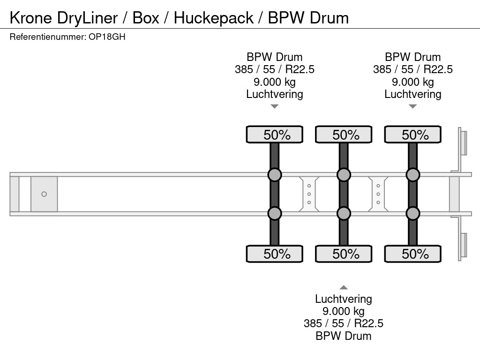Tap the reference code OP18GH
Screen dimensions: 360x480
click(x=107, y=37)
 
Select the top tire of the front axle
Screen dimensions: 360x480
click(x=275, y=135)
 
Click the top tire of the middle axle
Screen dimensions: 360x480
click(x=344, y=135)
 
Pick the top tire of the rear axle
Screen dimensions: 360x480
click(x=412, y=135)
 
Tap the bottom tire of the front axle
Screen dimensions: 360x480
click(x=275, y=254)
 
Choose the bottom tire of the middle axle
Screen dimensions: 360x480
click(x=344, y=254)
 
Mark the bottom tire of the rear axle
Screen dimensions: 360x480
click(x=412, y=254)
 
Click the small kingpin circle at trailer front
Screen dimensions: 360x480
click(x=44, y=194)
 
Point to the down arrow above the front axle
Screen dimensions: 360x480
click(x=275, y=106)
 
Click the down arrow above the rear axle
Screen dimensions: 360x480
click(x=412, y=106)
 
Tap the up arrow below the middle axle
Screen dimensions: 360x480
click(x=344, y=287)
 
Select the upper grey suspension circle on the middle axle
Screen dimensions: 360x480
click(x=344, y=175)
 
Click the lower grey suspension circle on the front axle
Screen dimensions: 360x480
click(x=275, y=214)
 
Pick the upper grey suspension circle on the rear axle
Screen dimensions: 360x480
click(x=412, y=175)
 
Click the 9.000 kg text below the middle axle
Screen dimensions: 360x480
click(x=344, y=311)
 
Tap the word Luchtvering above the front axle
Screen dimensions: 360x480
click(x=275, y=94)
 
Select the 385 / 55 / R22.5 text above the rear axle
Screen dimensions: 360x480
click(x=412, y=69)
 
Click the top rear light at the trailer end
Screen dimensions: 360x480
click(x=463, y=142)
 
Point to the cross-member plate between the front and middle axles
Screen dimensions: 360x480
click(x=309, y=194)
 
